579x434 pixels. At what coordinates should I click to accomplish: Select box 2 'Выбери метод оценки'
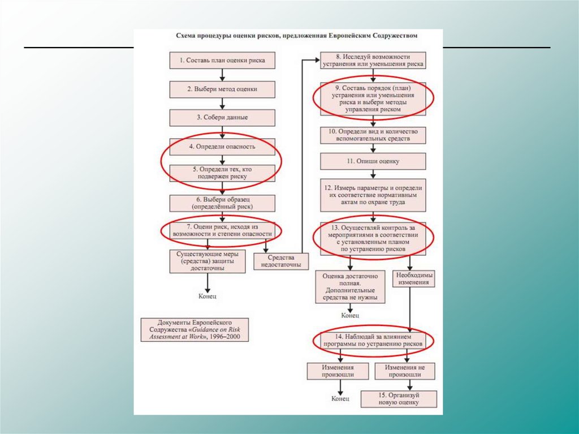[222, 89]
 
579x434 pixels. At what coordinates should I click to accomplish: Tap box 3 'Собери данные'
[222, 117]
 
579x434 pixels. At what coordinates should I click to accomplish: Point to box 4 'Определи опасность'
[222, 146]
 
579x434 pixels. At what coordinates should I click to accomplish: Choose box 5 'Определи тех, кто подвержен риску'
[222, 173]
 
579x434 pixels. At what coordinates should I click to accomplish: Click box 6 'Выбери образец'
[222, 203]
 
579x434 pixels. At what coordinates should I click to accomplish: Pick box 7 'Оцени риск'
[222, 229]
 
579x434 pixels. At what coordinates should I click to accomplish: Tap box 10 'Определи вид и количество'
[373, 135]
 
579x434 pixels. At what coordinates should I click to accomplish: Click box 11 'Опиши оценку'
[373, 161]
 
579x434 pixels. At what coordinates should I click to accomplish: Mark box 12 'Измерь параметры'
[373, 195]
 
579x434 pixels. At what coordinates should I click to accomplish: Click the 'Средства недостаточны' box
[277, 261]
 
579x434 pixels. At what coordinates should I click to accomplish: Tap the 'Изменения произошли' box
[338, 371]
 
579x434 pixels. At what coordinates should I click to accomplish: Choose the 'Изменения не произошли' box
[404, 371]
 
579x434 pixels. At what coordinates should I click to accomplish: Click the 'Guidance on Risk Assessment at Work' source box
[195, 329]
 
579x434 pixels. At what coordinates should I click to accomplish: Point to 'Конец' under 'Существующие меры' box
[208, 296]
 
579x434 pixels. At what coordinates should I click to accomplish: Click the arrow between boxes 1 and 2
[222, 75]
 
